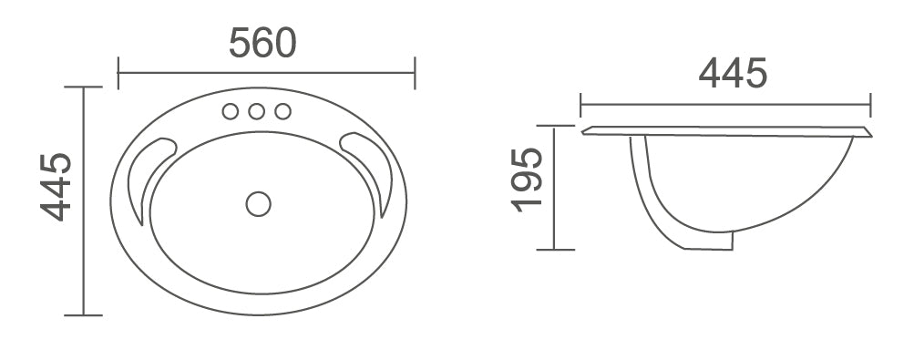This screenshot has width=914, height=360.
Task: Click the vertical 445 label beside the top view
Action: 56,188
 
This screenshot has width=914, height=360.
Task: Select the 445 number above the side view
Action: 733,73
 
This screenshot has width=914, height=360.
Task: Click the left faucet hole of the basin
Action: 231,111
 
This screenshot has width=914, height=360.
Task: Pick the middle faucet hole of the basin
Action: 257,111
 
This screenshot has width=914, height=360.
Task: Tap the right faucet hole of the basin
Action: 282,111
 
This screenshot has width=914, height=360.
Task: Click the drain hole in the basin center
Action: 258,203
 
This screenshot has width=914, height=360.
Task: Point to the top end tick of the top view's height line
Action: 84,87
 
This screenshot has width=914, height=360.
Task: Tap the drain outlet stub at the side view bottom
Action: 720,241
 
